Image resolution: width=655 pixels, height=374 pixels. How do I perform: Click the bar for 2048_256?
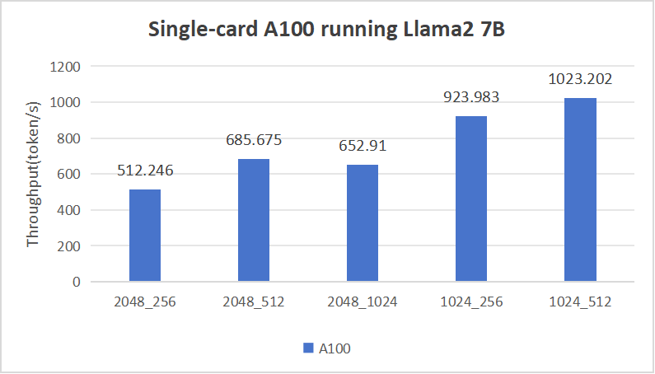click(x=145, y=236)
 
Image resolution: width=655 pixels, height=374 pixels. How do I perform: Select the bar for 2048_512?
click(x=254, y=220)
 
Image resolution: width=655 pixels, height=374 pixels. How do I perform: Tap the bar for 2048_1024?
click(x=363, y=223)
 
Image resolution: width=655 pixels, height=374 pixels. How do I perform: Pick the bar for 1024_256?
click(x=471, y=199)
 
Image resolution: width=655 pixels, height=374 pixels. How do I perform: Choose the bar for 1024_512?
click(x=580, y=189)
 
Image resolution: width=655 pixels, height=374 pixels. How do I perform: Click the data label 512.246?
click(x=145, y=171)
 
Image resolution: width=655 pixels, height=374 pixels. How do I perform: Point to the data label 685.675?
click(x=254, y=140)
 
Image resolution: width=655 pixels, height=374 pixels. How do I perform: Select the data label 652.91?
click(x=363, y=147)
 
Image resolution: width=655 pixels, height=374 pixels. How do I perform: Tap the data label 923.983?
click(x=471, y=97)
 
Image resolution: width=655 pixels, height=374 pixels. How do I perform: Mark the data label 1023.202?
click(x=580, y=80)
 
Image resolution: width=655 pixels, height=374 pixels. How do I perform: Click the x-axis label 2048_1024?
click(x=363, y=302)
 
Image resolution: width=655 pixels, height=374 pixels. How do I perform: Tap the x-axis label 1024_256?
click(x=471, y=302)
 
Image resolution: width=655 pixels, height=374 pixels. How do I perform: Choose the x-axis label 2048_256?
click(x=145, y=302)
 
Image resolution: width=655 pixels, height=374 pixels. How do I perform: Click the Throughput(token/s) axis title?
click(x=34, y=175)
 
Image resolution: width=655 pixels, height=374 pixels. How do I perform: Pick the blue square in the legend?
click(x=308, y=348)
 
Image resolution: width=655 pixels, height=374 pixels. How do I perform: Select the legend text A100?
click(x=335, y=348)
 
